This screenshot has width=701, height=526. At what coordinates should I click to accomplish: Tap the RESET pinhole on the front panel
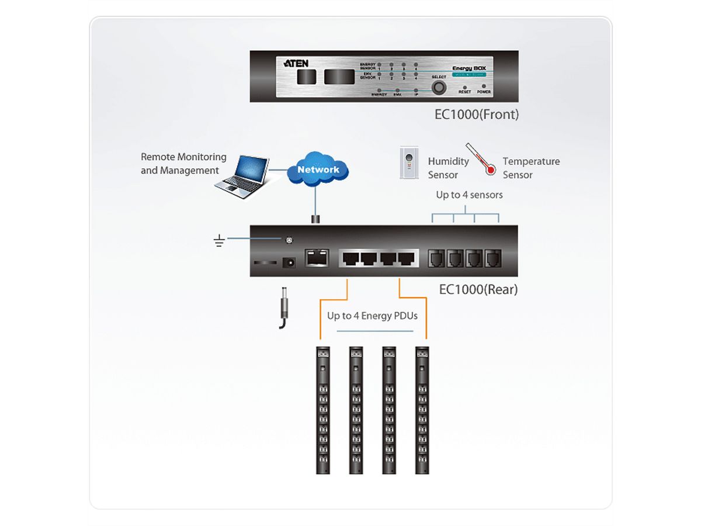(x=465, y=86)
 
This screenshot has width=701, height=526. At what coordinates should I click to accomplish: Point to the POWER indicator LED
(x=484, y=86)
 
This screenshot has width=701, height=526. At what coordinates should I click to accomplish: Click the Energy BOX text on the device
(x=469, y=68)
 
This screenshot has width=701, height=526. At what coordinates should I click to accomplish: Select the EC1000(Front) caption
(x=476, y=115)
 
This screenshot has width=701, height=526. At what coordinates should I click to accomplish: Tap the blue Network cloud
(x=318, y=169)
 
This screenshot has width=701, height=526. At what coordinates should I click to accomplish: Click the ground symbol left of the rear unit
(x=220, y=240)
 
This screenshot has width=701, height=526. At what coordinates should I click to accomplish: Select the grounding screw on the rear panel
(x=288, y=240)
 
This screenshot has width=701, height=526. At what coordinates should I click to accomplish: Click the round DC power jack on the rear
(x=288, y=264)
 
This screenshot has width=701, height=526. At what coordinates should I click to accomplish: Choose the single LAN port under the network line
(x=317, y=258)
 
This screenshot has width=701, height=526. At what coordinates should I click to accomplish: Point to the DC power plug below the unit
(x=285, y=307)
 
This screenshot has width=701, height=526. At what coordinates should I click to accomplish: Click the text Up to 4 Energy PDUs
(x=373, y=316)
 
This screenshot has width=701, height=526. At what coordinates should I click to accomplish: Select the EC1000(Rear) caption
(x=478, y=289)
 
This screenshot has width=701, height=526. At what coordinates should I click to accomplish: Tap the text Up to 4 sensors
(x=469, y=195)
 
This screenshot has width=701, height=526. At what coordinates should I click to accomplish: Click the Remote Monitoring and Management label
(x=183, y=164)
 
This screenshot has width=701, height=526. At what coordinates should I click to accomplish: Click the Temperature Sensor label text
(x=531, y=168)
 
